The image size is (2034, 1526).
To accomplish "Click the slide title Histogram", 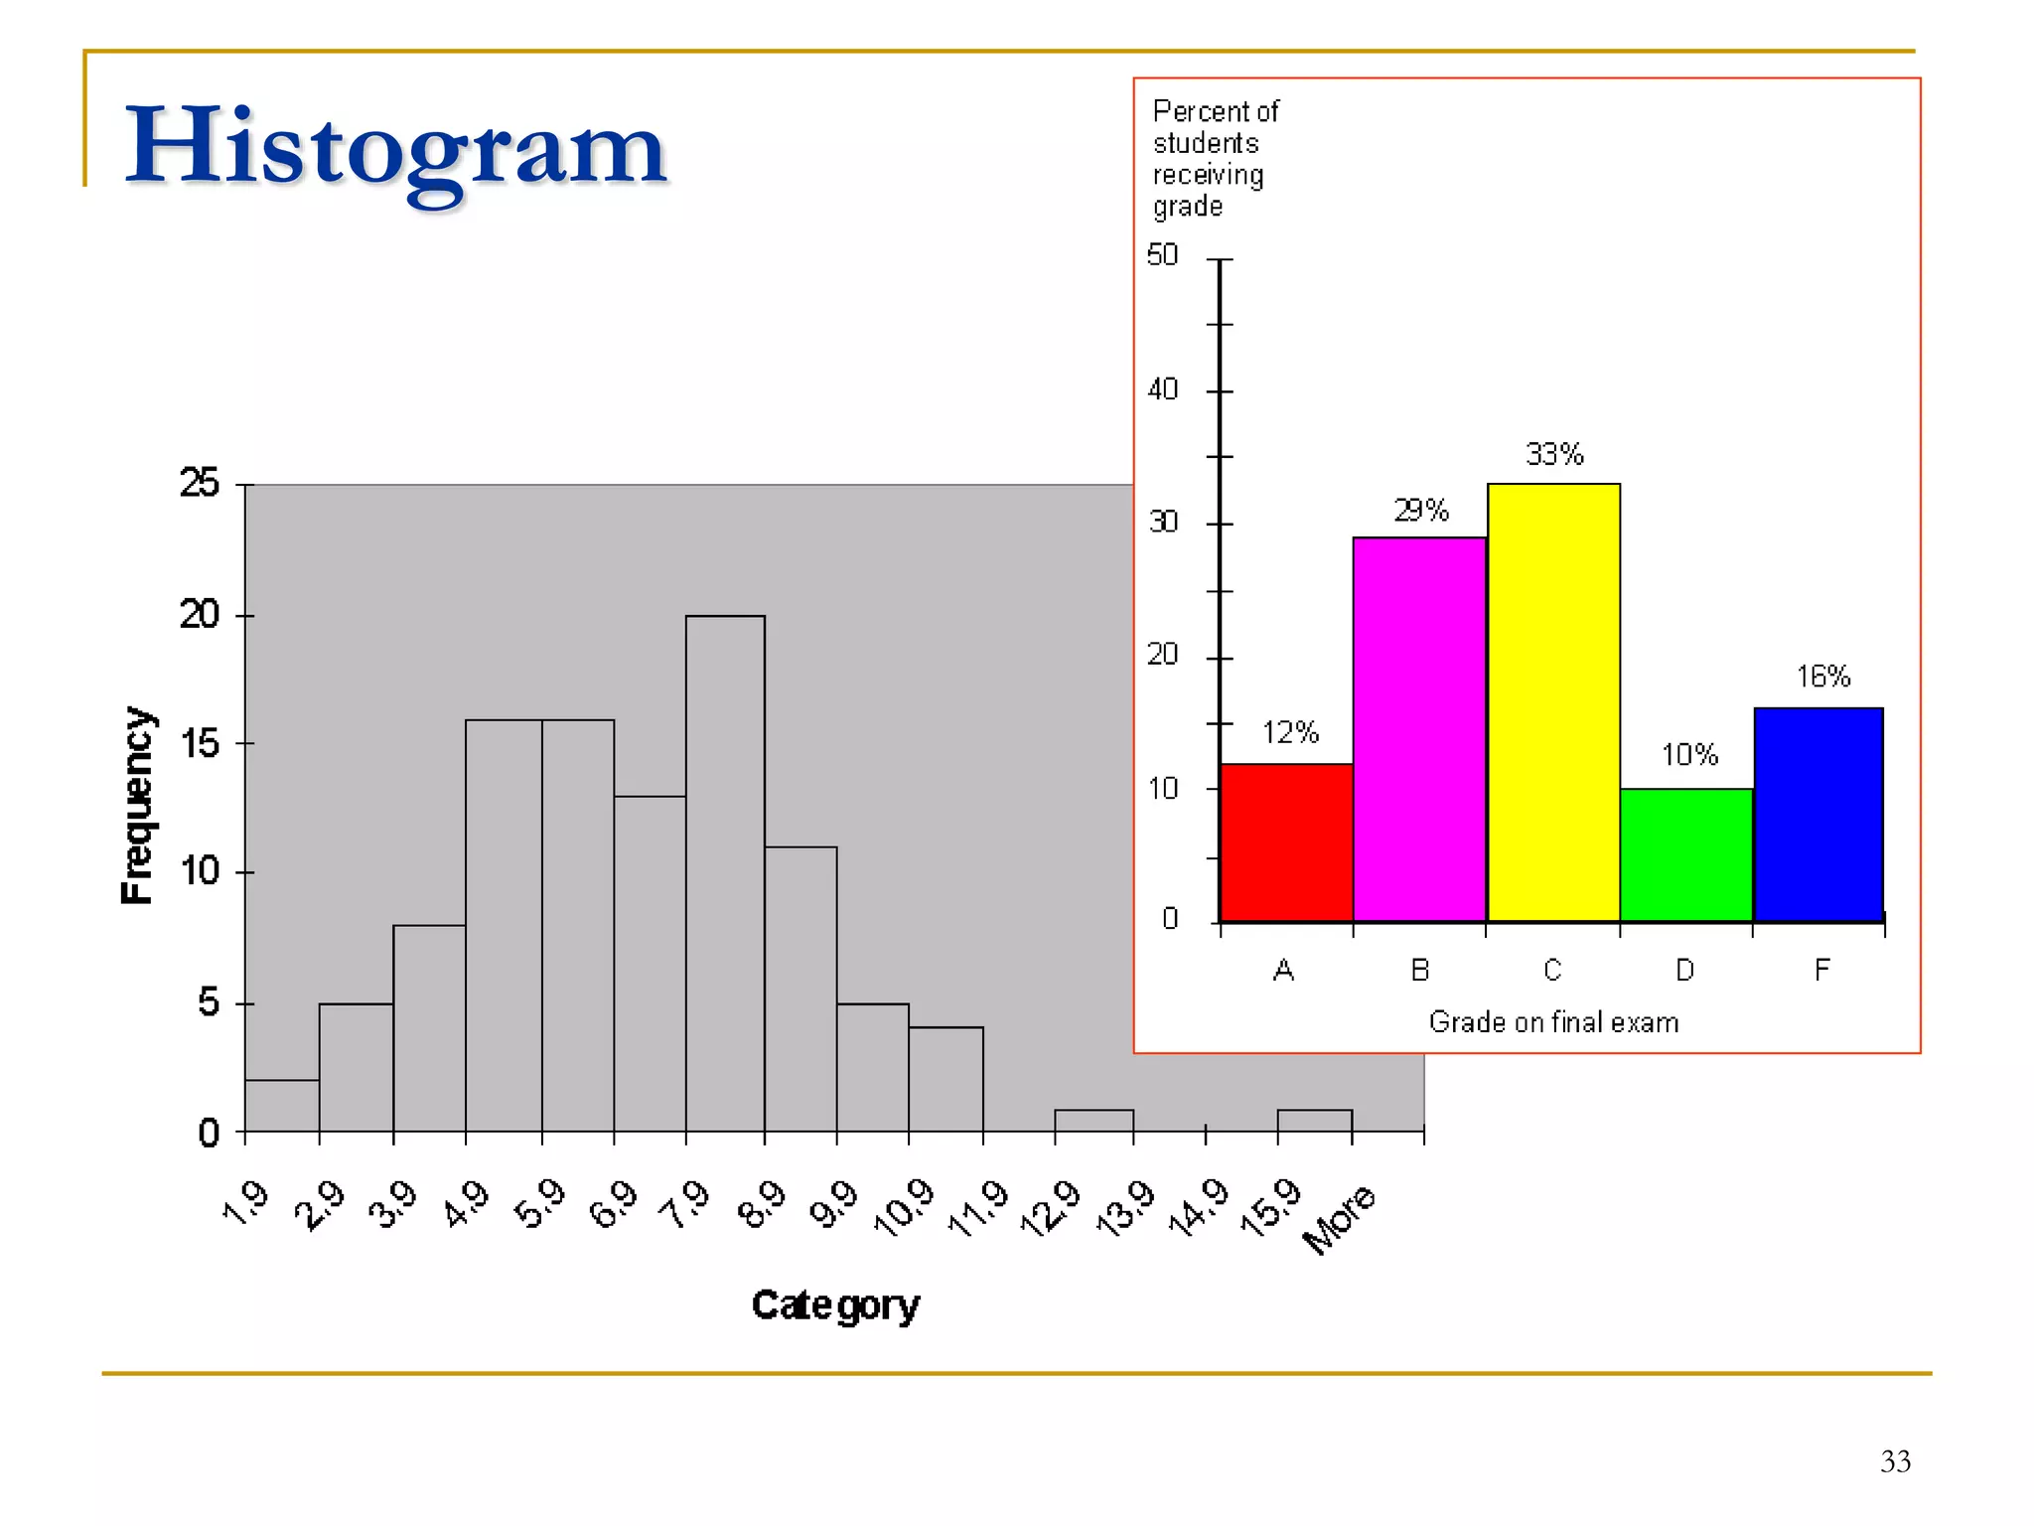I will pos(395,149).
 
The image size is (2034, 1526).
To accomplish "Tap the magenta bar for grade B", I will pos(1419,730).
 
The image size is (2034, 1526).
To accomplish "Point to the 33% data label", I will pos(1554,454).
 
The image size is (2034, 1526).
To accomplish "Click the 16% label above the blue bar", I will pos(1823,677).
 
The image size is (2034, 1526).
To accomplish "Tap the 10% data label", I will pos(1689,755).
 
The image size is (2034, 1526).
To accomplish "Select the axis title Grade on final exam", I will pos(1553,1022).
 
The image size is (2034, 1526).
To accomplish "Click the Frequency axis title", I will pos(137,806).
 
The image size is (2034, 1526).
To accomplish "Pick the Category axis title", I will pos(835,1305).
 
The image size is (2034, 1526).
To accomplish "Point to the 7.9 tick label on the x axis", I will pos(686,1204).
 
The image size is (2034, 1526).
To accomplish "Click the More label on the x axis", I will pos(1339,1219).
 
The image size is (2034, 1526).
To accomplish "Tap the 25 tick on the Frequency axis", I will pos(200,483).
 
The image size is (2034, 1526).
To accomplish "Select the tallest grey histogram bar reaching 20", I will pos(725,874).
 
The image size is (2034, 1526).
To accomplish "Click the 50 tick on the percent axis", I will pos(1162,255).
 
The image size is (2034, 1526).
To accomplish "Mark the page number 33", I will pos(1895,1461).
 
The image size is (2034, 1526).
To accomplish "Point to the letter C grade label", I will pos(1552,970).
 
